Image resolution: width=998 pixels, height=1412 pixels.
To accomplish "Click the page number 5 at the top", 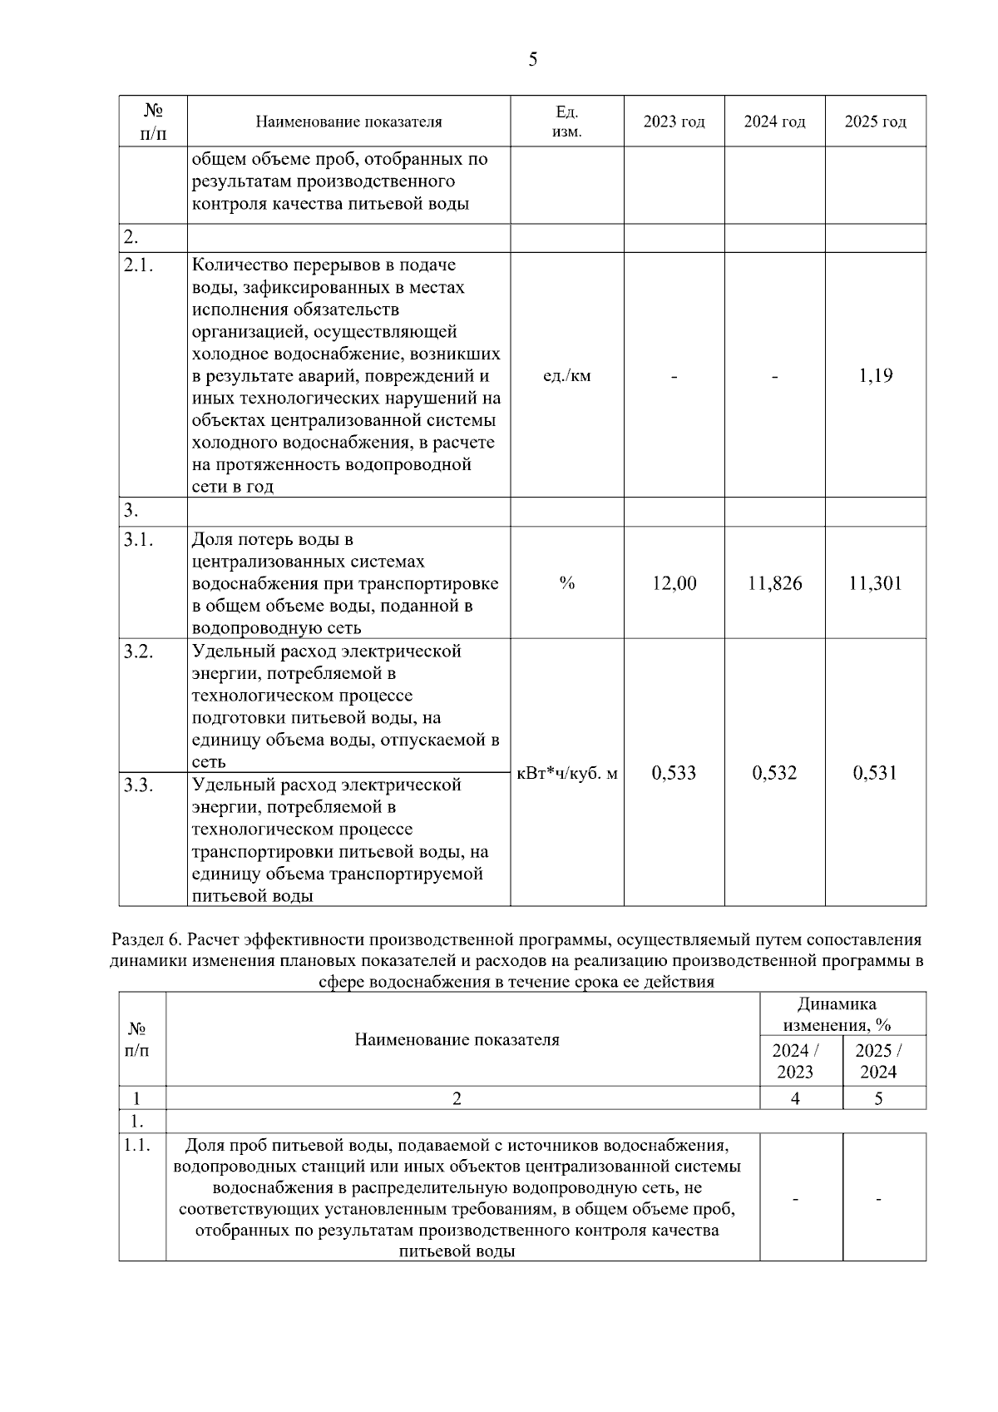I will click(x=532, y=59).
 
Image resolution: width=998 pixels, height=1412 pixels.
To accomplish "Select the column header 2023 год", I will click(x=674, y=122).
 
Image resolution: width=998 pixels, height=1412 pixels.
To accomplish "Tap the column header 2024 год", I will click(x=774, y=122).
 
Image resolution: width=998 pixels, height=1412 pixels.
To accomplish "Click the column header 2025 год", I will click(x=875, y=122).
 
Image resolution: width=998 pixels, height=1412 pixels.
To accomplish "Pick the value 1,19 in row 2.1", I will click(x=875, y=375).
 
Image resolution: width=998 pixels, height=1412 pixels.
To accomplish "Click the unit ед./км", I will click(x=566, y=375).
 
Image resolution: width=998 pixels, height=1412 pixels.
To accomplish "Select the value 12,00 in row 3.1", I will click(x=674, y=583).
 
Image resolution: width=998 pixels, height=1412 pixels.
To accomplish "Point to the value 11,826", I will click(x=774, y=583).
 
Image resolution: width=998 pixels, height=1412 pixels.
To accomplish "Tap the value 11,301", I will click(x=875, y=583).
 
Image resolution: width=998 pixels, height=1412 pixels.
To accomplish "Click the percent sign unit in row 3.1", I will click(x=566, y=583).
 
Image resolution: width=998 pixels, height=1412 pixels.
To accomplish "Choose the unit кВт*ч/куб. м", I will click(x=567, y=774).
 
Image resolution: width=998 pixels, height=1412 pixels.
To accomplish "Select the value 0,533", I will click(x=674, y=773).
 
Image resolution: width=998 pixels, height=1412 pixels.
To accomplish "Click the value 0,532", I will click(x=774, y=773).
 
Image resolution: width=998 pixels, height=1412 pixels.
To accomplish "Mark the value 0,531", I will click(x=875, y=773).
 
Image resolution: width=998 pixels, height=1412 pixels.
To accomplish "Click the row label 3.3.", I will click(x=138, y=785).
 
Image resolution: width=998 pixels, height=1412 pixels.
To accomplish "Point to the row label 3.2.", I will click(x=138, y=652).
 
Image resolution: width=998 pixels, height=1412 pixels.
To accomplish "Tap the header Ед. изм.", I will click(x=566, y=122).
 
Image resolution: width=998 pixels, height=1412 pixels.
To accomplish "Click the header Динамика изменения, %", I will click(x=842, y=1014).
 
